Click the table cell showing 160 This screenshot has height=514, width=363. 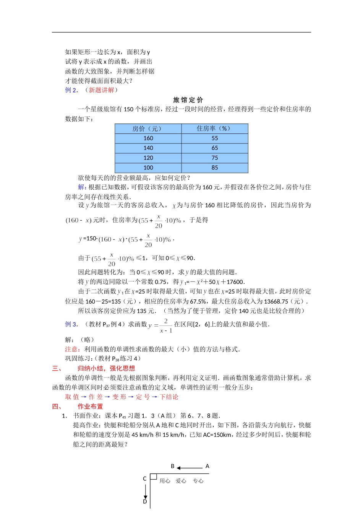[x=148, y=138]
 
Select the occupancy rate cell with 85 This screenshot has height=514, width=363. [x=215, y=168]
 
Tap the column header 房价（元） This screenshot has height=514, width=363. [x=148, y=128]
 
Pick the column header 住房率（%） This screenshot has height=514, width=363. [x=215, y=128]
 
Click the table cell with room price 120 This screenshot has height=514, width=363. [x=148, y=158]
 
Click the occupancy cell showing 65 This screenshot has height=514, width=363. [x=215, y=148]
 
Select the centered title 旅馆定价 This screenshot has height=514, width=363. [x=188, y=100]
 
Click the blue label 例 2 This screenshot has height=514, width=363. [x=71, y=90]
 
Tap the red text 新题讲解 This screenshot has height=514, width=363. [x=101, y=90]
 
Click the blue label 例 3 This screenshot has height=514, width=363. [x=71, y=324]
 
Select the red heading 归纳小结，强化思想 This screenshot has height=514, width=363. [x=106, y=368]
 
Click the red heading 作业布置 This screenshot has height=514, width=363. [x=90, y=407]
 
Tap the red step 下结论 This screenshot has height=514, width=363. [x=169, y=397]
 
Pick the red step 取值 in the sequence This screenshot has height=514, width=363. [x=72, y=397]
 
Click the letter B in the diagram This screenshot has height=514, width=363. [x=173, y=466]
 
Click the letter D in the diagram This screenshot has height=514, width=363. [x=145, y=501]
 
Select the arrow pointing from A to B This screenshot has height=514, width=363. [x=190, y=468]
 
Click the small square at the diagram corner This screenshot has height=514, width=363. [x=154, y=477]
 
